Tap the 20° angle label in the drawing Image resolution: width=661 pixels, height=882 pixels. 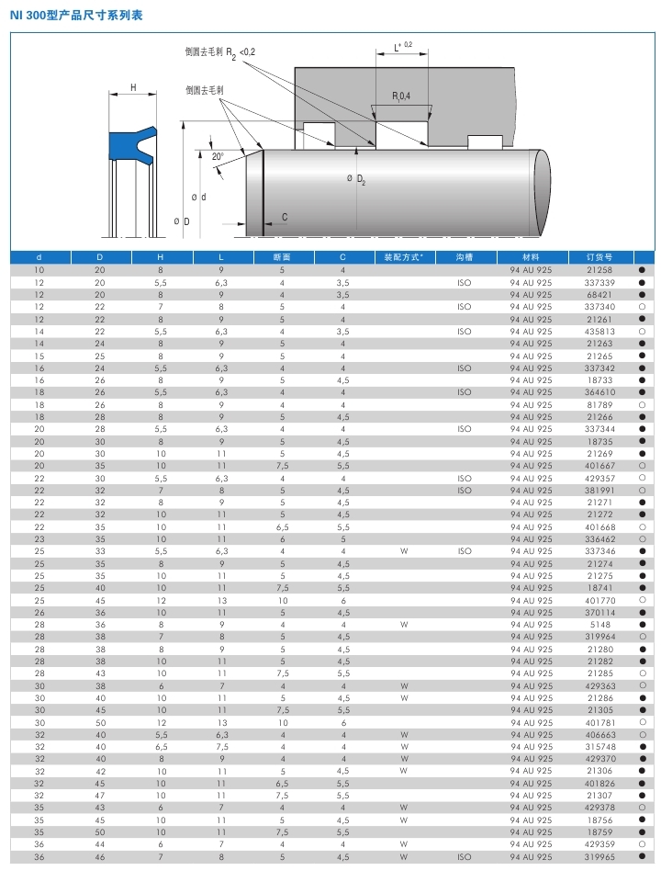pos(218,157)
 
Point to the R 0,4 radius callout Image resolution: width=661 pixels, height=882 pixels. pos(401,96)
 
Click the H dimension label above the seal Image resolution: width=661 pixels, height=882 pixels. pos(133,88)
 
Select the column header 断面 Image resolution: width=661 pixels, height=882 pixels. pos(282,257)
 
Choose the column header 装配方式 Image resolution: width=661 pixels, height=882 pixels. pos(404,257)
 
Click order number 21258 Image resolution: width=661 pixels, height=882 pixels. pos(599,270)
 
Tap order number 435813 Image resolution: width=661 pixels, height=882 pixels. pos(599,331)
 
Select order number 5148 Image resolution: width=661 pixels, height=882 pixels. pos(599,624)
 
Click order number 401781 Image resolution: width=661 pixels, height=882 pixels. pos(599,722)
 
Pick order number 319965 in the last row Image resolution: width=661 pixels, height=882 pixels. pos(599,856)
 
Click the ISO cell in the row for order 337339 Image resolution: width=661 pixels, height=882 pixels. pos(464,282)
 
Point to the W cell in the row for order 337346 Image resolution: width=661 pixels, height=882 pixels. pos(404,551)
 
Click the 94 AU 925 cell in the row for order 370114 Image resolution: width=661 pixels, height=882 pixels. pos(531,612)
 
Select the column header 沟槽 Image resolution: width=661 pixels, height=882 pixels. pos(464,257)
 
